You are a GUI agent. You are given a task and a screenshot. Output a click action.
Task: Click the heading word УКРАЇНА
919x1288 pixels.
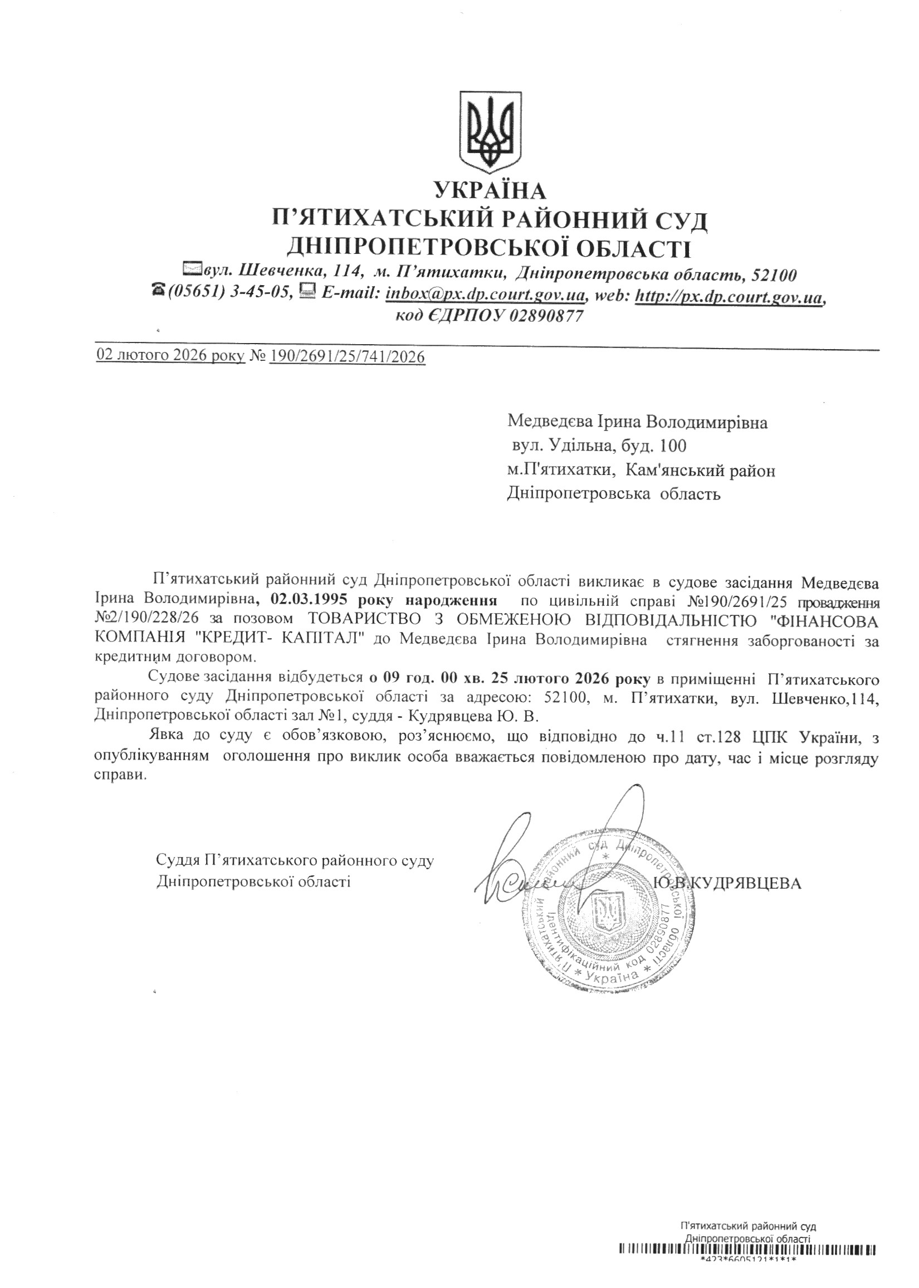(490, 192)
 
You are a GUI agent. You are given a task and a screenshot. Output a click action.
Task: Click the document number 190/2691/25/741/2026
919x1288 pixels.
(348, 356)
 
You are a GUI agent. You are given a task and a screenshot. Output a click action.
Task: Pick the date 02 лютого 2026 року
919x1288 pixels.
(171, 356)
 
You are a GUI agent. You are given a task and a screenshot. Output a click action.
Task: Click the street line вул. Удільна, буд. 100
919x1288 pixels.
(598, 446)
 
